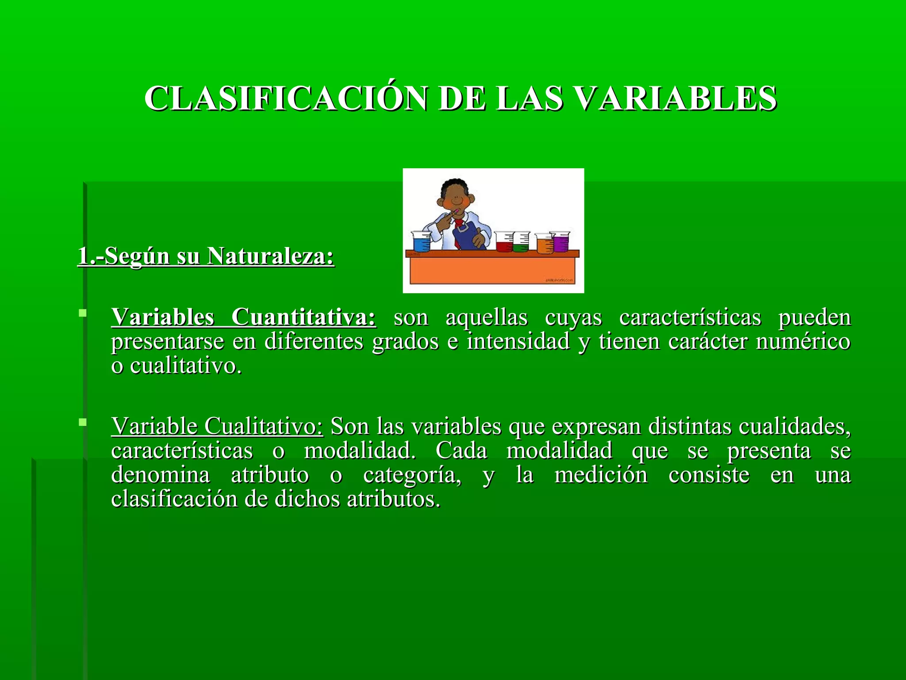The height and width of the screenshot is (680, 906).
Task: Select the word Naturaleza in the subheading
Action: pos(270,256)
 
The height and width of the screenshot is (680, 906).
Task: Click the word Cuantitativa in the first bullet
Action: pos(303,317)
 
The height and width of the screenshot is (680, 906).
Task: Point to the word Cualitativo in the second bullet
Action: pos(264,426)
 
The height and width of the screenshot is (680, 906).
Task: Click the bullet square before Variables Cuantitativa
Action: pos(82,313)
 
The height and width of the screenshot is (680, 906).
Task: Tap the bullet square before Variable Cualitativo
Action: pos(82,422)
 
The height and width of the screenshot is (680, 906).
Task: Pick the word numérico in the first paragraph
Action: pos(803,342)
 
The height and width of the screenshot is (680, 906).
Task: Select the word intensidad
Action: pos(518,342)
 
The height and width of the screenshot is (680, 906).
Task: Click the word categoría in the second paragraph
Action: pos(412,475)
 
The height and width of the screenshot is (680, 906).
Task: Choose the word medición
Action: pos(601,475)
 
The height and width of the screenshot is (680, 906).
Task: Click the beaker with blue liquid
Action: pos(421,242)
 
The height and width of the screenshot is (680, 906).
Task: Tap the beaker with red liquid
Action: pos(504,242)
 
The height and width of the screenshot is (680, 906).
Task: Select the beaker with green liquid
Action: pos(521,243)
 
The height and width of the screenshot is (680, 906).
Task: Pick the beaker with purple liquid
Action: pos(560,242)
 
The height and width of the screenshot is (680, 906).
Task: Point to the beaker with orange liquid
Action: pos(545,244)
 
